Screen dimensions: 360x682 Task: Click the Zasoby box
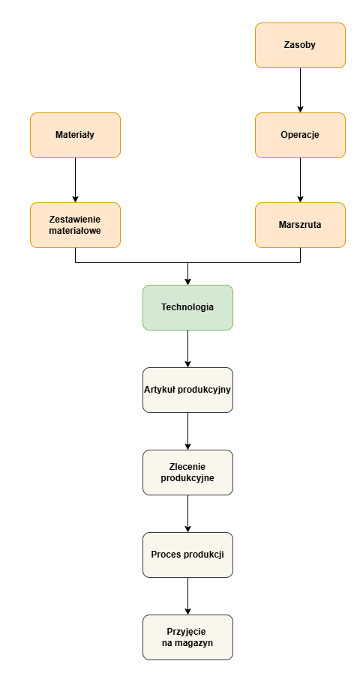(x=300, y=45)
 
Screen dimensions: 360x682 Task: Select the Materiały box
(x=75, y=135)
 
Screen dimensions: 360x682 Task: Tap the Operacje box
(x=300, y=135)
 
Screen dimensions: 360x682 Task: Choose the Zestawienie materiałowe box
(x=75, y=226)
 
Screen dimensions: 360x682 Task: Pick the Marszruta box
(x=300, y=226)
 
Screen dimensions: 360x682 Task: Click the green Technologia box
(x=187, y=307)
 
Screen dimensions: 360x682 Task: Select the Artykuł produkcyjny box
(x=187, y=390)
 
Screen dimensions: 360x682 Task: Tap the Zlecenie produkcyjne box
(x=187, y=472)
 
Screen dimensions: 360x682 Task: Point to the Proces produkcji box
(x=187, y=555)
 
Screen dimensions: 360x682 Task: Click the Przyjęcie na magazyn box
(x=187, y=637)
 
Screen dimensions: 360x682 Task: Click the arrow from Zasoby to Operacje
(x=300, y=90)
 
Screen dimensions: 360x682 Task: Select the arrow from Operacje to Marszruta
(x=300, y=180)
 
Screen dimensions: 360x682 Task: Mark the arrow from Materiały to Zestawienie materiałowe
(x=75, y=180)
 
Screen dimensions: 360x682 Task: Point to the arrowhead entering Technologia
(x=187, y=282)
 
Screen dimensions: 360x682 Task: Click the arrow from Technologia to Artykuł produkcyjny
(x=187, y=348)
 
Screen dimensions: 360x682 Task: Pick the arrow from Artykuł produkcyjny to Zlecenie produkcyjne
(x=187, y=431)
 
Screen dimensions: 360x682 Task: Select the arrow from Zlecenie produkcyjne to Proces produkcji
(x=187, y=513)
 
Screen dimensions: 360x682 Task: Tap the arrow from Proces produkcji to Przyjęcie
(x=187, y=596)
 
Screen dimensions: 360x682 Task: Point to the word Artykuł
(x=158, y=390)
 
